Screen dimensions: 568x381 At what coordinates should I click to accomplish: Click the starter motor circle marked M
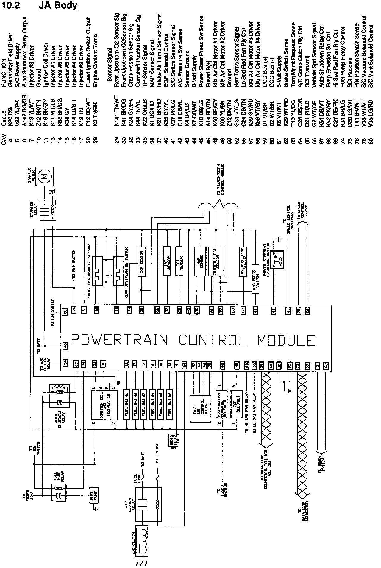tap(46, 177)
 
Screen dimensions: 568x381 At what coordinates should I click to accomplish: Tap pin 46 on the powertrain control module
tap(66, 346)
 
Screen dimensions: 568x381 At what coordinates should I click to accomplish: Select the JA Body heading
tap(58, 6)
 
